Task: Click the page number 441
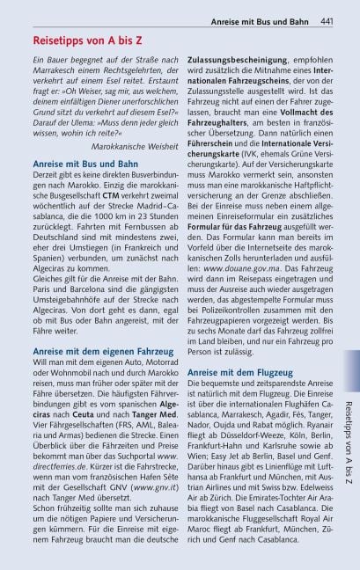coord(326,20)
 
